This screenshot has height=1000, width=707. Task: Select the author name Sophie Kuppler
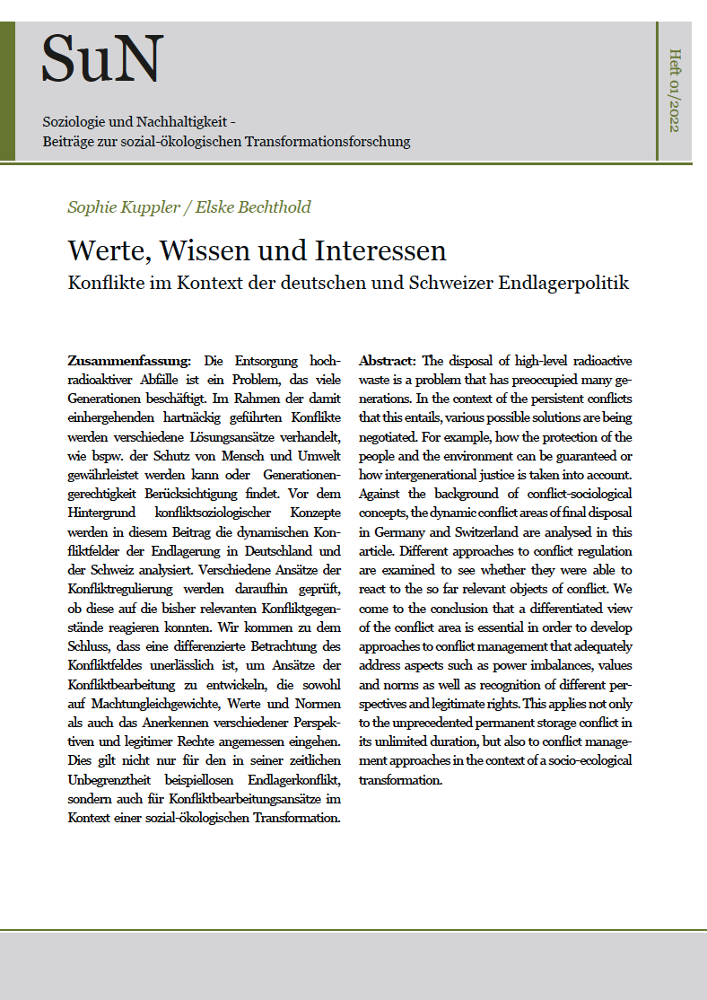[118, 207]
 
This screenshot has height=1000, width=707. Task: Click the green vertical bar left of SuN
[7, 91]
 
